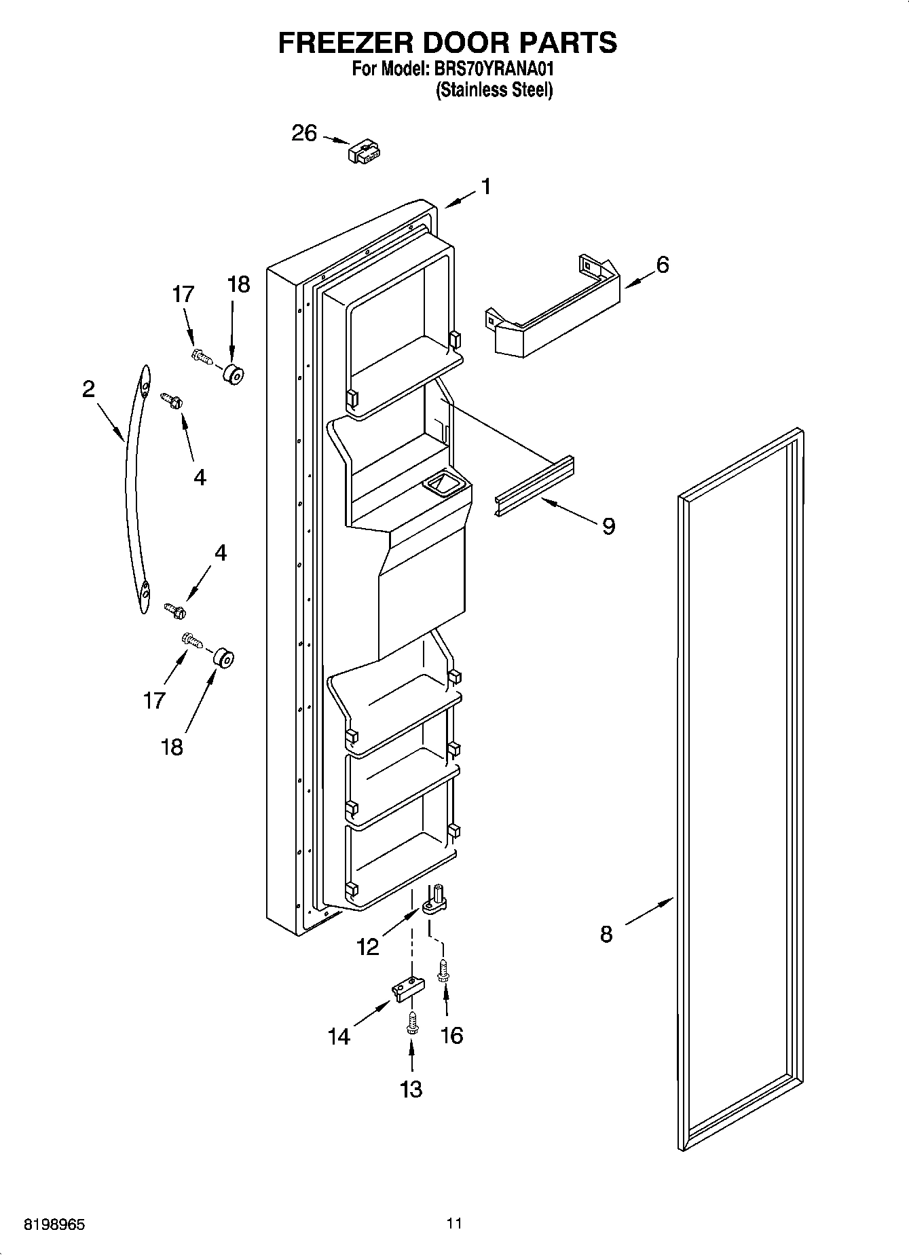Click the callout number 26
[x=304, y=133]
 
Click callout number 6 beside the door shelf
[x=662, y=264]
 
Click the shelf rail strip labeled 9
[x=534, y=486]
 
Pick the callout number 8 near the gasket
[x=606, y=935]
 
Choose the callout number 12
[x=367, y=946]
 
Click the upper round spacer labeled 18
[x=233, y=373]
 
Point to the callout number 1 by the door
[x=486, y=185]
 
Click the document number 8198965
[x=54, y=1225]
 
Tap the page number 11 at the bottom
[x=454, y=1224]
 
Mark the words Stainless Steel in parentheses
[x=494, y=90]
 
